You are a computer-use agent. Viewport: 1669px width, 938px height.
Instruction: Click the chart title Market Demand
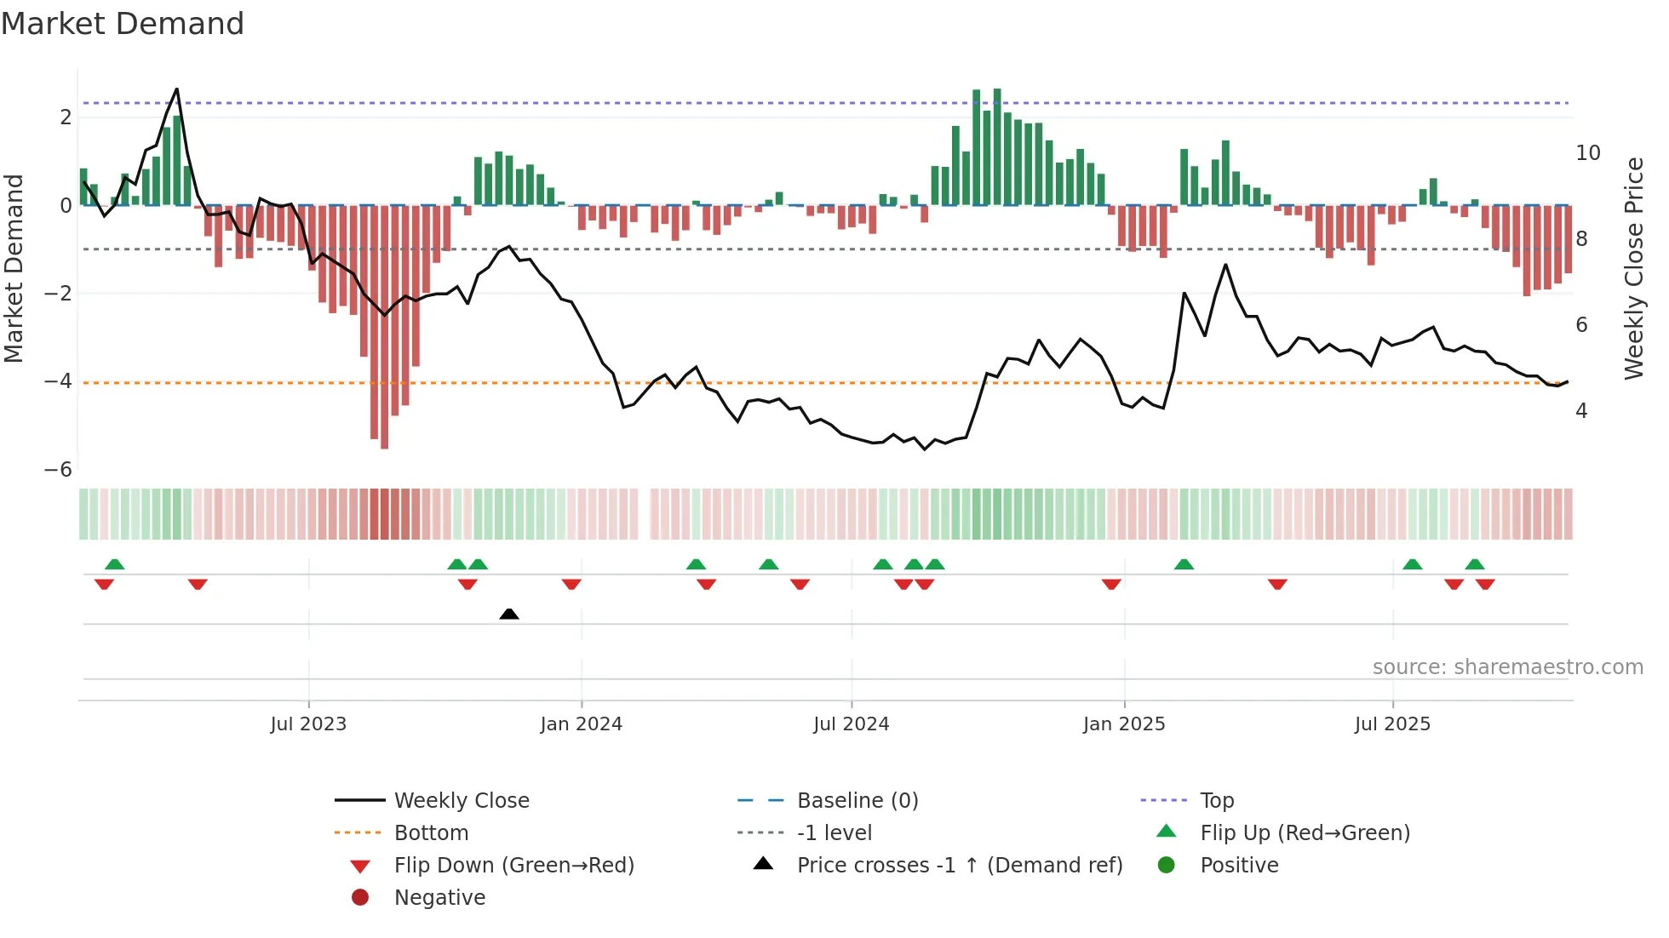[x=123, y=24]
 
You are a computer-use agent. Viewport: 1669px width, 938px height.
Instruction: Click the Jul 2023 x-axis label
[x=308, y=724]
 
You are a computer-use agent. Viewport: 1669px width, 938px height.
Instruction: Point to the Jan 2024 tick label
[x=581, y=724]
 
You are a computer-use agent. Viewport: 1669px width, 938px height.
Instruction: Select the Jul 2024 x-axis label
[x=851, y=724]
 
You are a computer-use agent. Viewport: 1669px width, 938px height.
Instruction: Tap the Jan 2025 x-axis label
[x=1124, y=724]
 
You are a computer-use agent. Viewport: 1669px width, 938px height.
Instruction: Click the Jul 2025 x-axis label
[x=1392, y=724]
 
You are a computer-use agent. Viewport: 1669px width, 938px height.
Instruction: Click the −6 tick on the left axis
[x=58, y=470]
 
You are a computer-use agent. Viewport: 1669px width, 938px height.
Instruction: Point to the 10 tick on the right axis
[x=1588, y=153]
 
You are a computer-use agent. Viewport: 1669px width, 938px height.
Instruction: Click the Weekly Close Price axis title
[x=1633, y=268]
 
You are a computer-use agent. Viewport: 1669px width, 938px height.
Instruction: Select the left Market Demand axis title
[x=14, y=268]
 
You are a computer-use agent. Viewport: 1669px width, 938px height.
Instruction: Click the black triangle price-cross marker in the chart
[x=509, y=614]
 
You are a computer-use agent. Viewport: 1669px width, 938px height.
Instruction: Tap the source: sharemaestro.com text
[x=1507, y=667]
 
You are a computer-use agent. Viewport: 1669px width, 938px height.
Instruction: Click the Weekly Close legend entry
[x=461, y=801]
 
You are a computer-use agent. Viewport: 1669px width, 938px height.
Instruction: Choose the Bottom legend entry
[x=431, y=833]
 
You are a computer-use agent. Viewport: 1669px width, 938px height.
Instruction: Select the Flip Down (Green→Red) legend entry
[x=513, y=866]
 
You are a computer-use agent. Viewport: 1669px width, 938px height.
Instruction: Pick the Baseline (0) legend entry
[x=857, y=801]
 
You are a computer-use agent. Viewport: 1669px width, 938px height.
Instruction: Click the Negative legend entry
[x=439, y=898]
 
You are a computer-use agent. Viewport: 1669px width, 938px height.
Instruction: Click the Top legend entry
[x=1216, y=801]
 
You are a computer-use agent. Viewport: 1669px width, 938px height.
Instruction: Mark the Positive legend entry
[x=1238, y=866]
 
